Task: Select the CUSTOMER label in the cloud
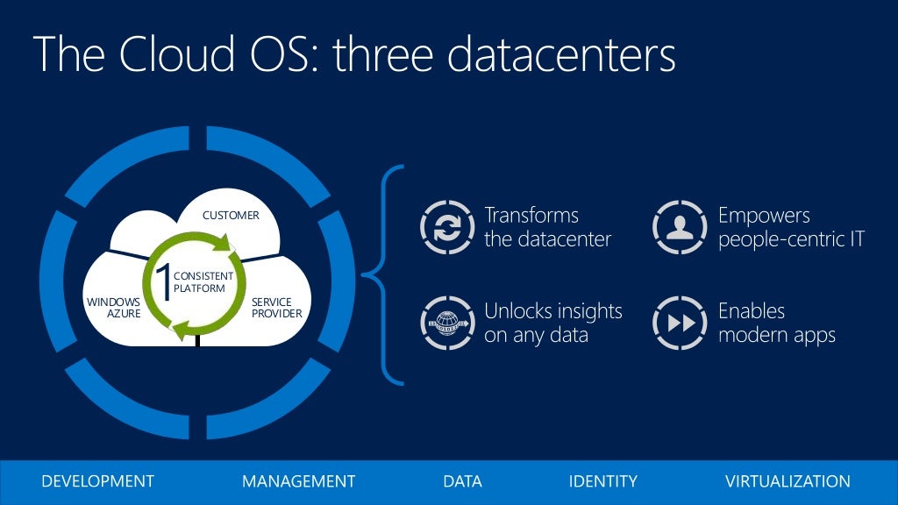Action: point(231,215)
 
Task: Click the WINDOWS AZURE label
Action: point(113,308)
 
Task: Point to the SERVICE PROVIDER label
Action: point(276,308)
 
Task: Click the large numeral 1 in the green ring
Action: point(162,281)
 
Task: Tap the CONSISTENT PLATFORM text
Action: point(203,282)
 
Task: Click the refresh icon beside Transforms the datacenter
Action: point(446,227)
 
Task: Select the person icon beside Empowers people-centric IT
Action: point(679,227)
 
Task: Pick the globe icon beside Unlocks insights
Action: point(446,323)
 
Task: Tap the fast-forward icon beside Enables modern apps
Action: point(679,323)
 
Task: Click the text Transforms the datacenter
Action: point(547,227)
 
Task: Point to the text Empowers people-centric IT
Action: point(791,227)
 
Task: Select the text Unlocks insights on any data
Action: point(552,323)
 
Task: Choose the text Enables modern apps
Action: point(776,323)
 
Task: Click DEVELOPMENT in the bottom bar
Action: point(97,481)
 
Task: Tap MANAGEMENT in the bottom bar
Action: point(298,481)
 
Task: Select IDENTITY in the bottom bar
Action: point(602,481)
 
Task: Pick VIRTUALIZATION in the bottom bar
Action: point(788,481)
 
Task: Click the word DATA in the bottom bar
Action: point(462,481)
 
